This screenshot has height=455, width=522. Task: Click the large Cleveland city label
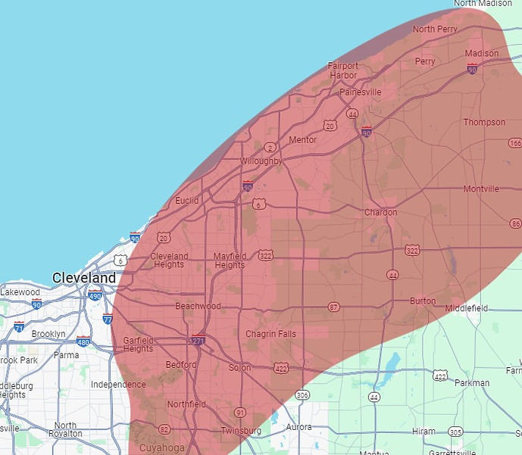coord(84,278)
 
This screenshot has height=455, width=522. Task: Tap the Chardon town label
coord(380,213)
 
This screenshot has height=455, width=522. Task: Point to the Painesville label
coord(361,92)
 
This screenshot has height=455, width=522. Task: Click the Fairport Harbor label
coord(342,70)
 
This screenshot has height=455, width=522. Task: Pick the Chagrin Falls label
coord(271,334)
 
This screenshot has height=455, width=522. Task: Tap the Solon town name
coord(239,368)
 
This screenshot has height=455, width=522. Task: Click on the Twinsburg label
coord(240,431)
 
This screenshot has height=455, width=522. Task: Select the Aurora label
coord(297,427)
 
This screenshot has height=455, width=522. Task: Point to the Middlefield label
coord(467,308)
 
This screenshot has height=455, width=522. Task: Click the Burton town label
coord(423,301)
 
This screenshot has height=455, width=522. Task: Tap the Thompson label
coord(484,123)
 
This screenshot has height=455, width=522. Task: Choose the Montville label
coord(481,189)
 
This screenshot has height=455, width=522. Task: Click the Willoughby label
coord(261,161)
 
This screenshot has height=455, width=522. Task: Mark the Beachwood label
coord(198,307)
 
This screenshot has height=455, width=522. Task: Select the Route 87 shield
coord(334,307)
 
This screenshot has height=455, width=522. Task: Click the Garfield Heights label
coord(139,344)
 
